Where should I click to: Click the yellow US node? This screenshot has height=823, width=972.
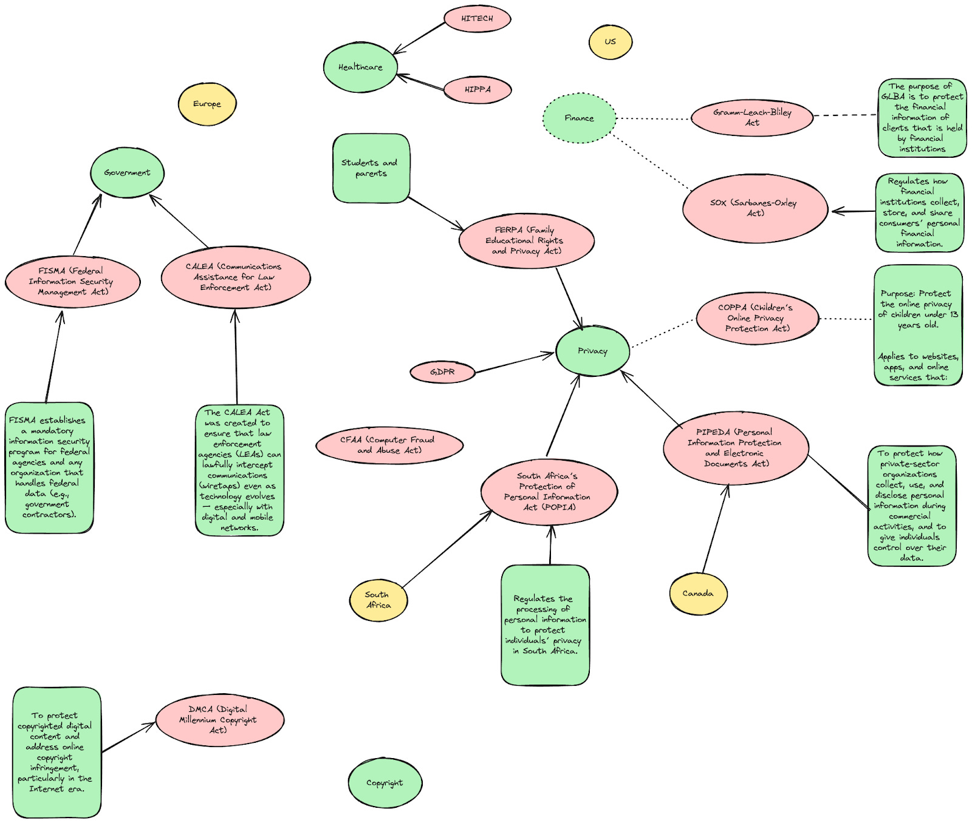click(611, 42)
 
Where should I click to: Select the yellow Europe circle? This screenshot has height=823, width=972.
click(207, 104)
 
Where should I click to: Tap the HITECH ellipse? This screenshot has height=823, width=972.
click(477, 19)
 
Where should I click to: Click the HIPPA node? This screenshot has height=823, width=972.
click(477, 90)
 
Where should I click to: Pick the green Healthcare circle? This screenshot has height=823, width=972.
click(360, 67)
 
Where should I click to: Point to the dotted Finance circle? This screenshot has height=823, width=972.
click(579, 118)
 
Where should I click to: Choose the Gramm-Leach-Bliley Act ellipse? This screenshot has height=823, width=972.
click(752, 118)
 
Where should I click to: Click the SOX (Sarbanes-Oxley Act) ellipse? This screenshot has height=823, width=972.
click(755, 208)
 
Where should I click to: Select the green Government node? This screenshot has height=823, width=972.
click(127, 172)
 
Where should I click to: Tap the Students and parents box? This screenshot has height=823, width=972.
click(371, 168)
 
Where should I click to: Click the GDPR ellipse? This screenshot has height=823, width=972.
click(442, 372)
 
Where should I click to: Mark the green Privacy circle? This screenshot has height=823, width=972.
click(592, 351)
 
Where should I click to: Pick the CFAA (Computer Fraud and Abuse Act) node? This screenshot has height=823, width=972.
click(389, 445)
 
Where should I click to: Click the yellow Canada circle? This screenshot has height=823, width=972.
click(698, 594)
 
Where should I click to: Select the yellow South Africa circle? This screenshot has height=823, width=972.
click(378, 600)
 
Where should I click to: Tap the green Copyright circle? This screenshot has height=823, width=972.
click(385, 783)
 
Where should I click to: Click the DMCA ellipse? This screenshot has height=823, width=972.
click(219, 720)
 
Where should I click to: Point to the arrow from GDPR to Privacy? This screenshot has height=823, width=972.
click(514, 362)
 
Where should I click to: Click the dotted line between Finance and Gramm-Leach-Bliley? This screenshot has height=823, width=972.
click(653, 118)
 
